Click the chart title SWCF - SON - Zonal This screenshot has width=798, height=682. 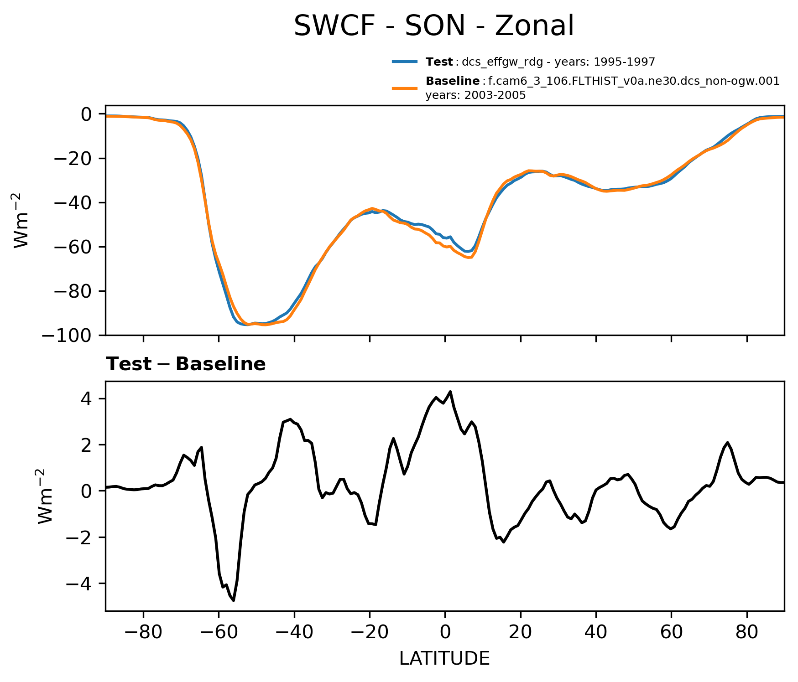coord(433,26)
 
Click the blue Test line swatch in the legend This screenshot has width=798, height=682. coord(404,62)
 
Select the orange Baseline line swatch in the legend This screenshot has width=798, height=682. coord(404,88)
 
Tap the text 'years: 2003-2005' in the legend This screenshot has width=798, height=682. coord(475,95)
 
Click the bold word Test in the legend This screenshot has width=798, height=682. coord(439,62)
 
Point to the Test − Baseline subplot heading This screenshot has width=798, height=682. coord(186,364)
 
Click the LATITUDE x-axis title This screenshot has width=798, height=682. coord(444,658)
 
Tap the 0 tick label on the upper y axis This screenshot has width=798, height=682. coord(86,114)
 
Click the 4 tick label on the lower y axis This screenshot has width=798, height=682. coord(86,399)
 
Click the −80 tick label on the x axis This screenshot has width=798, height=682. coord(143,633)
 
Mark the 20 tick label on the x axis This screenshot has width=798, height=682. coord(521,633)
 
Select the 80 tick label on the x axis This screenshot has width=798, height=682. coord(747,633)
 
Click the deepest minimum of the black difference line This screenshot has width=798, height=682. coord(234,600)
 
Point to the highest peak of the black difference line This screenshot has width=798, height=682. coord(450,392)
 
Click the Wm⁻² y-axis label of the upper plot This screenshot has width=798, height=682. coord(22,220)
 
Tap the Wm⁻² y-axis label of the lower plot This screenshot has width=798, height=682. coord(46,496)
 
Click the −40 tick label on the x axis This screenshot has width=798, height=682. coord(294,633)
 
